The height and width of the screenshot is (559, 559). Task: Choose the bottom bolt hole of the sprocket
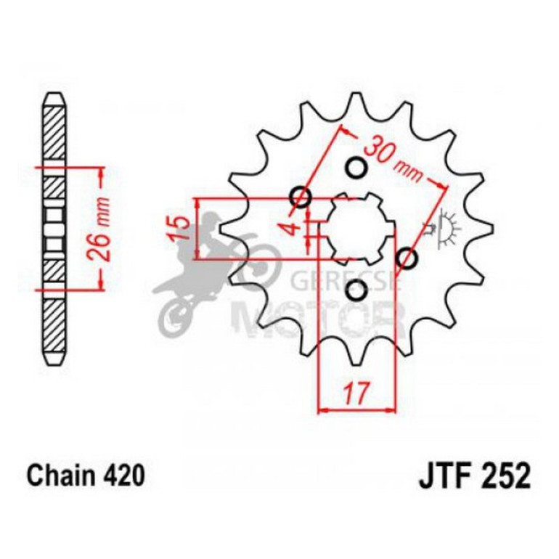coord(356,291)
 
